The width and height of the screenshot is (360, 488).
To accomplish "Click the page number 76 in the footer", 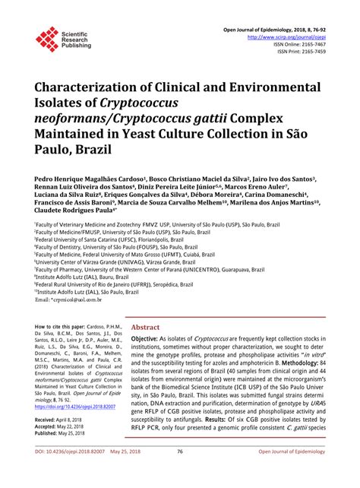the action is coord(180,472).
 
